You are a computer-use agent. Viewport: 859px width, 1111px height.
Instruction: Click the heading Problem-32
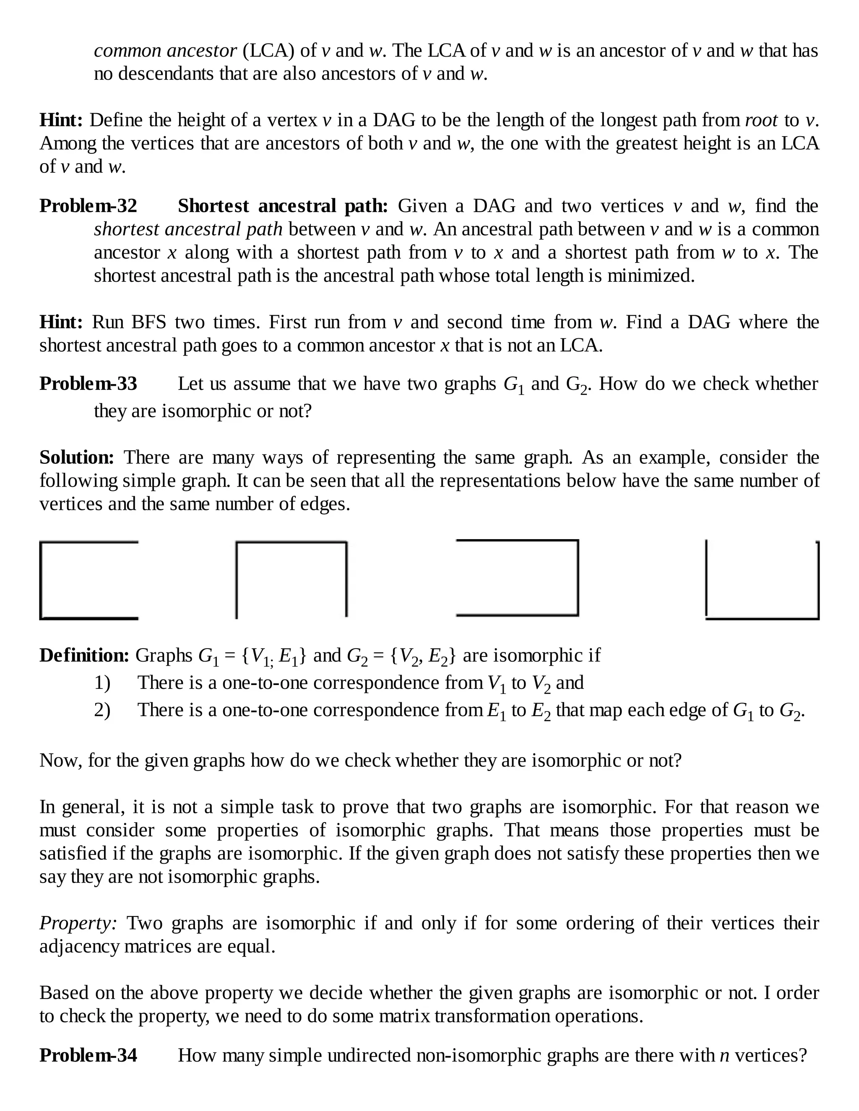pyautogui.click(x=88, y=206)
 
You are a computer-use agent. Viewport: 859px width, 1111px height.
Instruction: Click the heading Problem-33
pyautogui.click(x=88, y=384)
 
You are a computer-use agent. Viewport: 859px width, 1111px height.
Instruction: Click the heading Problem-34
pyautogui.click(x=88, y=1056)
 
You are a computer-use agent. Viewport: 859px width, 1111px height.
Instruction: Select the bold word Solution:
pyautogui.click(x=77, y=457)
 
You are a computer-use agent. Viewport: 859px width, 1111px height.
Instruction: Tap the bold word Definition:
pyautogui.click(x=84, y=655)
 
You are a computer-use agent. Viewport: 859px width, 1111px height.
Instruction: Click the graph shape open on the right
pyautogui.click(x=89, y=580)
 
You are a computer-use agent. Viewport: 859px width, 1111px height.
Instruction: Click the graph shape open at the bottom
pyautogui.click(x=291, y=579)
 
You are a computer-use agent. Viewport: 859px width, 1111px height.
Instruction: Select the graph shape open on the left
pyautogui.click(x=518, y=578)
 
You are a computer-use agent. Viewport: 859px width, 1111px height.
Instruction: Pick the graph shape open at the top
pyautogui.click(x=762, y=580)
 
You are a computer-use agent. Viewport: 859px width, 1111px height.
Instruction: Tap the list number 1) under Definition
pyautogui.click(x=102, y=683)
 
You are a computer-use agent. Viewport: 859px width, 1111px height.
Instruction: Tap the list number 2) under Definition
pyautogui.click(x=102, y=710)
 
